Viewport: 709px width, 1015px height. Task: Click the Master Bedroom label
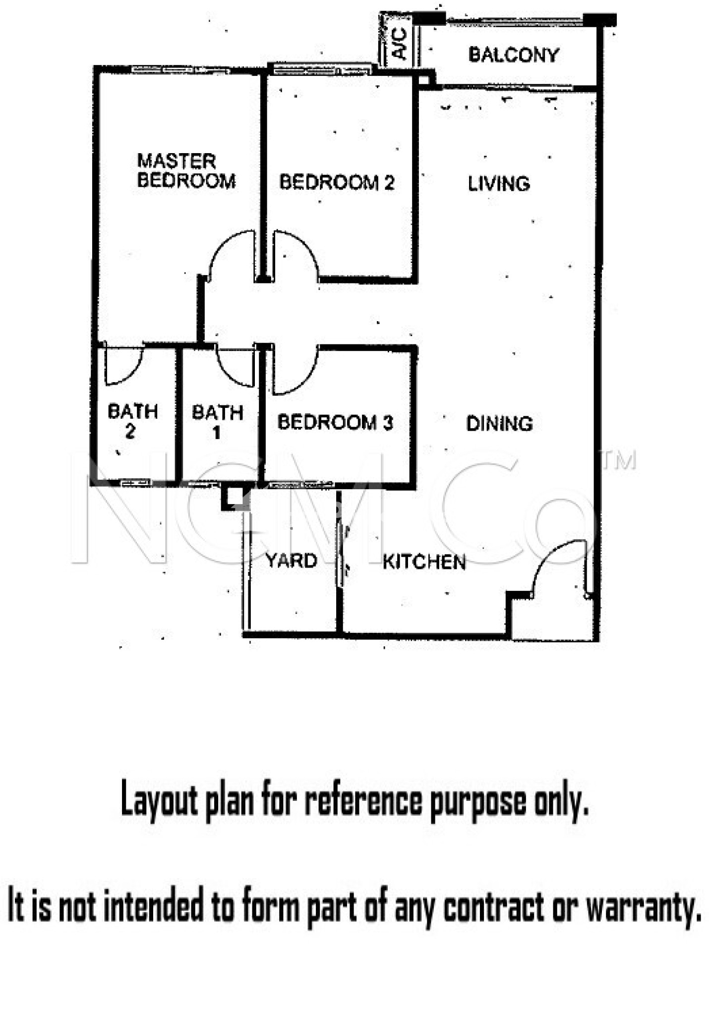click(x=186, y=171)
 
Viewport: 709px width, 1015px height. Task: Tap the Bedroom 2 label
click(x=337, y=182)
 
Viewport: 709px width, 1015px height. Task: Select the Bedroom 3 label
click(x=335, y=422)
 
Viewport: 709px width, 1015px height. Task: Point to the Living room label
click(x=499, y=184)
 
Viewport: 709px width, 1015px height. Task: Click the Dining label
click(x=499, y=424)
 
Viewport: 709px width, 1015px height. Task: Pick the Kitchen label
click(x=424, y=562)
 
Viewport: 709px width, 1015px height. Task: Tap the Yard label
click(x=291, y=561)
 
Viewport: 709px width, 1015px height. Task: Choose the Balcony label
click(x=514, y=55)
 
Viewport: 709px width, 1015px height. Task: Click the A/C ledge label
click(x=399, y=44)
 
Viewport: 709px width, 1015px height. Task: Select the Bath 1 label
click(x=217, y=422)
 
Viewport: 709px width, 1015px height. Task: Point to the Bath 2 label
click(x=132, y=421)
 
